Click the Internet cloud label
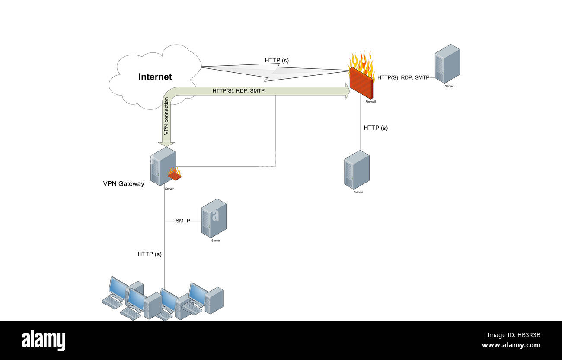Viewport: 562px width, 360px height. (155, 77)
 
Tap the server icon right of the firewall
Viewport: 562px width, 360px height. (447, 64)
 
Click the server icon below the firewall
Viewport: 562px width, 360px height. (357, 170)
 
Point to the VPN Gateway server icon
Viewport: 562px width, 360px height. (163, 166)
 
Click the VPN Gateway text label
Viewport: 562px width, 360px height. (123, 183)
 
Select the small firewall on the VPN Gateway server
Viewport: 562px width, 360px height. (174, 174)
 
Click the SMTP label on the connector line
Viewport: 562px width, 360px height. (182, 221)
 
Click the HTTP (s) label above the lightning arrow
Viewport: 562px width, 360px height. (277, 61)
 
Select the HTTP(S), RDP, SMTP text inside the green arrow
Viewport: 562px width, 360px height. (238, 91)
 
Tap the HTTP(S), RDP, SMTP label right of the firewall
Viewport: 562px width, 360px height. (403, 77)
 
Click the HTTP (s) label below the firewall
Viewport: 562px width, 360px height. (376, 128)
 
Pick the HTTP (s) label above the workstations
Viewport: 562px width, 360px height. (150, 254)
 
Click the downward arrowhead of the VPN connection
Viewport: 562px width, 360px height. (166, 143)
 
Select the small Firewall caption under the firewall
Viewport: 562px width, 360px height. (370, 102)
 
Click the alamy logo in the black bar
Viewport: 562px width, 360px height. (43, 341)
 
